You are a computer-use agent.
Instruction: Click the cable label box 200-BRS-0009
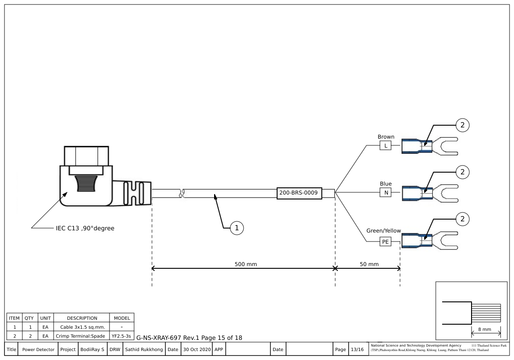pos(298,193)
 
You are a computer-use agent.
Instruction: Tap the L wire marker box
pos(385,146)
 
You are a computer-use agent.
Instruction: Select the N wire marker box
pos(385,193)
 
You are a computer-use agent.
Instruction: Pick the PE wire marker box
pos(385,242)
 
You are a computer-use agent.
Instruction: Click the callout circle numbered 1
pos(237,228)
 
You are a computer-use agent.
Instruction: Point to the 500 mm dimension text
pos(245,264)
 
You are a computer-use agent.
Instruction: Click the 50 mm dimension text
pos(369,264)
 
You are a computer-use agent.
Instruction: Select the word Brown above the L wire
pos(386,137)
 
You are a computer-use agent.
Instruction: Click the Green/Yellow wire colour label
pos(383,231)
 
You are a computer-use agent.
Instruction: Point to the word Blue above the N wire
pos(385,184)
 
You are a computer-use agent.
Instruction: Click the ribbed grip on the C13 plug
pos(86,183)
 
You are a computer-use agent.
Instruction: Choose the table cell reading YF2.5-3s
pos(122,335)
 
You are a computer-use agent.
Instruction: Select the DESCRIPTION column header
pos(82,318)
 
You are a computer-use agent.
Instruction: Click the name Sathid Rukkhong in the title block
pos(143,349)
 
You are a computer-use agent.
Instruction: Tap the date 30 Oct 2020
pos(196,349)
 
